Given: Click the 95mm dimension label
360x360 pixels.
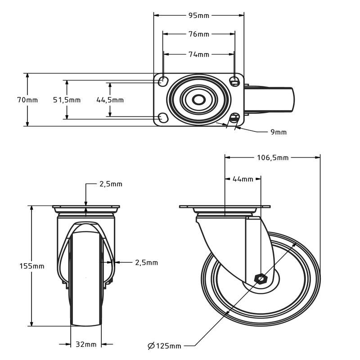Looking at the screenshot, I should pyautogui.click(x=198, y=15).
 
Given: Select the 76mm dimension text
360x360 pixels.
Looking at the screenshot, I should pyautogui.click(x=198, y=34).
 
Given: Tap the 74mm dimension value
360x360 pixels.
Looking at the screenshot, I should pyautogui.click(x=198, y=54).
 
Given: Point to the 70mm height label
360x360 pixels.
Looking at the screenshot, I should pyautogui.click(x=27, y=100).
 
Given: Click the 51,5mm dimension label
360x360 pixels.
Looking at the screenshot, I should pyautogui.click(x=67, y=100).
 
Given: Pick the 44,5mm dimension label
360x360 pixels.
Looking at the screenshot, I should pyautogui.click(x=110, y=100).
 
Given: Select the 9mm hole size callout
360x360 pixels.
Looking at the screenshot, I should pyautogui.click(x=278, y=132).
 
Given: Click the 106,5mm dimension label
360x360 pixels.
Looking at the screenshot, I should pyautogui.click(x=272, y=157).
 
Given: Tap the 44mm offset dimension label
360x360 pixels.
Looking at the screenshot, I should pyautogui.click(x=243, y=179).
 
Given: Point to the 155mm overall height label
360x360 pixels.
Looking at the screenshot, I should pyautogui.click(x=32, y=266).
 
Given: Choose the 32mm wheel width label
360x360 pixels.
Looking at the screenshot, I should pyautogui.click(x=85, y=345).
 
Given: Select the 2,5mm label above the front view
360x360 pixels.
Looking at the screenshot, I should pyautogui.click(x=111, y=184).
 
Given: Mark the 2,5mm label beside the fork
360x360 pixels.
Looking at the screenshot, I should pyautogui.click(x=146, y=262).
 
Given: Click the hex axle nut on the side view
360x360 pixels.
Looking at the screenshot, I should pyautogui.click(x=260, y=279).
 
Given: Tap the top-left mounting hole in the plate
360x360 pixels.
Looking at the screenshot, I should pyautogui.click(x=163, y=81).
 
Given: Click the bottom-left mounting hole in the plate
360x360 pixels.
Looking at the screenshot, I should pyautogui.click(x=163, y=118).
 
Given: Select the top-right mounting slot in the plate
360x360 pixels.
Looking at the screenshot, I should pyautogui.click(x=234, y=81).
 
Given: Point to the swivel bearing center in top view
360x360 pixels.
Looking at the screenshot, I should pyautogui.click(x=198, y=99).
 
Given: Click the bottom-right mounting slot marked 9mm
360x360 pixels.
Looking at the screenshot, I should pyautogui.click(x=234, y=118).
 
